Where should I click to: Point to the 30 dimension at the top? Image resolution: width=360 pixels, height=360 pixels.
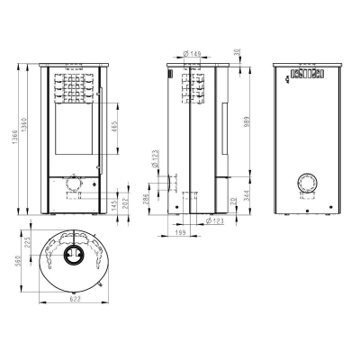coord(237,52)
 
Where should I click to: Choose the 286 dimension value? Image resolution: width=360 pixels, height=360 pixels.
coord(148,200)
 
